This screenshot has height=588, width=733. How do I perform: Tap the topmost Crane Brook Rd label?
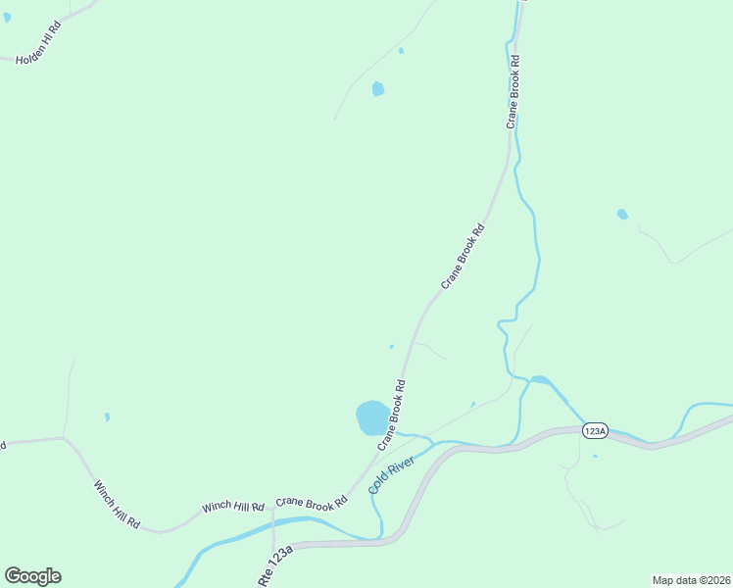click(512, 92)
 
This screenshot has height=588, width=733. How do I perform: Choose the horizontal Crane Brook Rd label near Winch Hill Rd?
click(312, 502)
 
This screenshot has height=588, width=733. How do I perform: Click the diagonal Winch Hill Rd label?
click(117, 506)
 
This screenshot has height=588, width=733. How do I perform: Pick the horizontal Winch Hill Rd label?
click(233, 507)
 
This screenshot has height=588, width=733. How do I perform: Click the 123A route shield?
click(595, 431)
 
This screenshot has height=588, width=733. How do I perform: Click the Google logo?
click(32, 576)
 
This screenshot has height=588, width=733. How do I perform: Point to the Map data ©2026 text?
click(691, 579)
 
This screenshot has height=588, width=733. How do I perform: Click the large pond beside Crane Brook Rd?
click(371, 417)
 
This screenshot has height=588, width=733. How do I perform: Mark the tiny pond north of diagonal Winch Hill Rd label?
click(107, 417)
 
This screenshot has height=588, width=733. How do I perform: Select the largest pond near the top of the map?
click(378, 89)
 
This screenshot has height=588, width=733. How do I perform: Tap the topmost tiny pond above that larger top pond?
click(401, 51)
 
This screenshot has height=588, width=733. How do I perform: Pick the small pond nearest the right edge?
click(622, 215)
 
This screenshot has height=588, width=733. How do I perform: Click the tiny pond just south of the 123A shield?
click(595, 456)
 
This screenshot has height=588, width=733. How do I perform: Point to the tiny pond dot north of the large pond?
click(391, 346)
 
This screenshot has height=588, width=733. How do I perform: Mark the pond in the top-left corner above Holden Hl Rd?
click(6, 17)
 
